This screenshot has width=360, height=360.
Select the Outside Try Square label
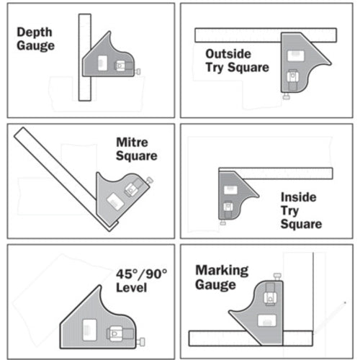tap(237, 60)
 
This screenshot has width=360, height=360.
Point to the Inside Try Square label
tap(301, 210)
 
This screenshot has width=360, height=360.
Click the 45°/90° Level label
tap(140, 281)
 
